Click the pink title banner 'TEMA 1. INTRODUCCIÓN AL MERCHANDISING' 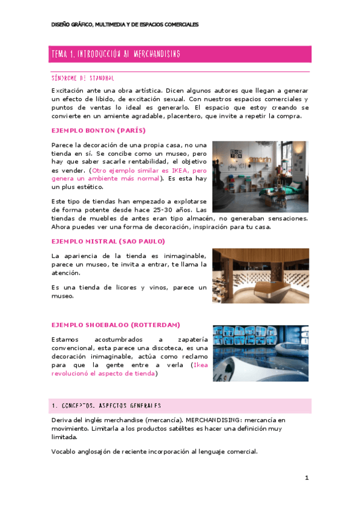click(180, 54)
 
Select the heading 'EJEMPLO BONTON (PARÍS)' click(99, 130)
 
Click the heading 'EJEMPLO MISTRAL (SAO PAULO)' click(108, 241)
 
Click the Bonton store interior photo click(260, 176)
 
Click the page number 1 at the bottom click(307, 478)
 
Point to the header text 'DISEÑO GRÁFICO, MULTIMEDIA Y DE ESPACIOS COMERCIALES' click(124, 25)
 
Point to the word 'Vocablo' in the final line click(66, 452)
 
